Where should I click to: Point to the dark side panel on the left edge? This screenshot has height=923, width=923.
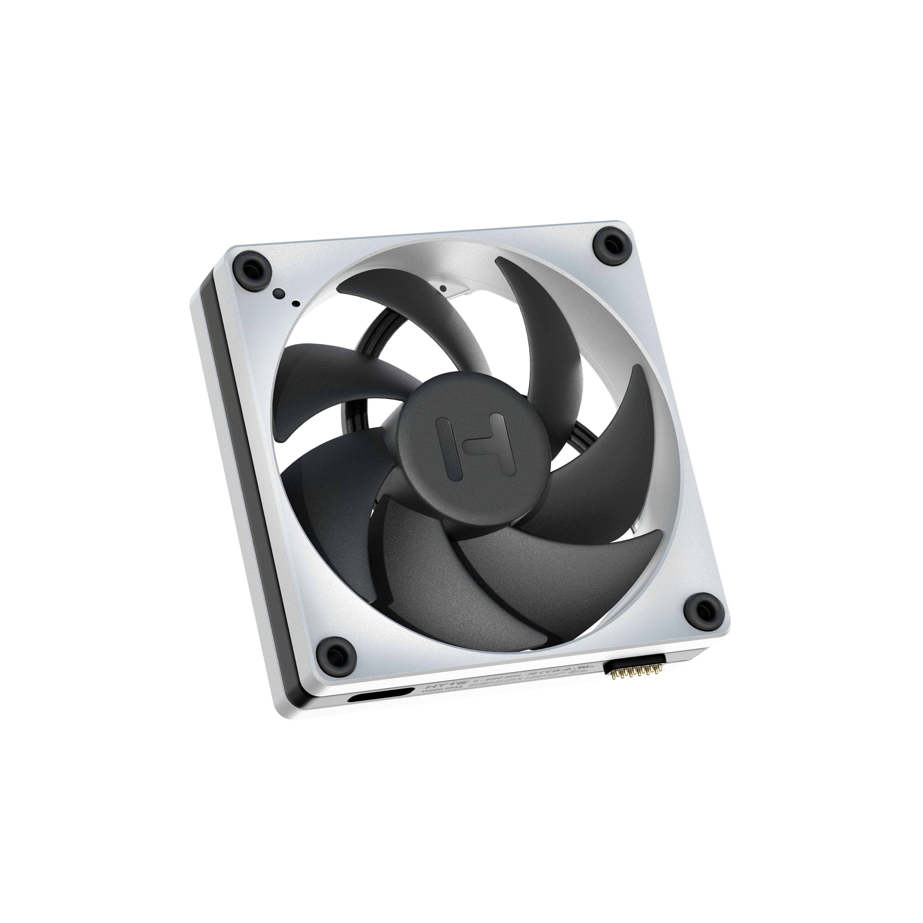point(229,430)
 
